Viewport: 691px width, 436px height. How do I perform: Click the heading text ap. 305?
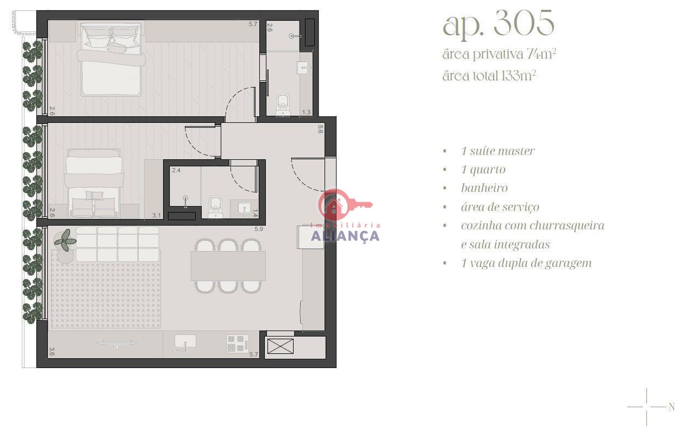(x=499, y=24)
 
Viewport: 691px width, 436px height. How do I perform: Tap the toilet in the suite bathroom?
(x=283, y=104)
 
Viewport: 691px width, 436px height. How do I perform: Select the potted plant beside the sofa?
(x=65, y=240)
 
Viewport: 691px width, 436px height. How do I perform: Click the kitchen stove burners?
(x=237, y=344)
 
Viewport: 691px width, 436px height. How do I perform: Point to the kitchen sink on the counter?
(x=185, y=342)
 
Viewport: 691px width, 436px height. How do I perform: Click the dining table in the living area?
(x=228, y=266)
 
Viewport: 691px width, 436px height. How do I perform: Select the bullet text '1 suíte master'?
(x=497, y=151)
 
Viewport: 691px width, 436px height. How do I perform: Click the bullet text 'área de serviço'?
(x=500, y=207)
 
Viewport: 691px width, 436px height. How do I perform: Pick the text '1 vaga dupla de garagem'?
(x=526, y=263)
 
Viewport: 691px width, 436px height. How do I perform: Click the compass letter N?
(x=671, y=407)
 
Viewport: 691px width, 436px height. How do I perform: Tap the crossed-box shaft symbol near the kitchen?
(x=281, y=346)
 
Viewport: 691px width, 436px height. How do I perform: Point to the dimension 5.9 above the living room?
(x=259, y=229)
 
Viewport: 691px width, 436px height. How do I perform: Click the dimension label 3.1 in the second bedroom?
(x=157, y=215)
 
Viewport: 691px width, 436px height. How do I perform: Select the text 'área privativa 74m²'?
(x=499, y=54)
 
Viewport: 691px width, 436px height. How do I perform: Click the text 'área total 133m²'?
(x=489, y=76)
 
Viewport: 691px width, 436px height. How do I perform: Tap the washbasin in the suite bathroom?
(x=303, y=67)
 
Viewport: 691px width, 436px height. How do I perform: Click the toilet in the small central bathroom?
(x=215, y=207)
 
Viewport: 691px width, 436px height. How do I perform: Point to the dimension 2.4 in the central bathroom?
(x=176, y=170)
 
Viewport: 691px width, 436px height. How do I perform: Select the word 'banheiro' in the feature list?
(x=484, y=188)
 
